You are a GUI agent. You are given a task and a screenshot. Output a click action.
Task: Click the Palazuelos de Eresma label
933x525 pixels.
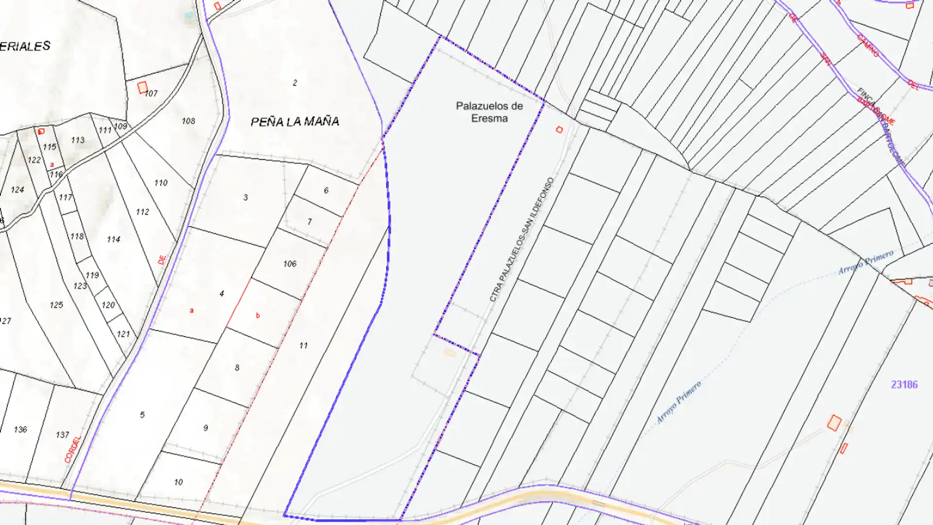point(489,112)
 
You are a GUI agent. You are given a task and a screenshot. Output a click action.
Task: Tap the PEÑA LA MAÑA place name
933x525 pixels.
point(294,122)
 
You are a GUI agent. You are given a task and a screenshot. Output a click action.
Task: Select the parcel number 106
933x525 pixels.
point(290,263)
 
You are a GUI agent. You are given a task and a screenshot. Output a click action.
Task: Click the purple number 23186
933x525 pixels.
point(904,385)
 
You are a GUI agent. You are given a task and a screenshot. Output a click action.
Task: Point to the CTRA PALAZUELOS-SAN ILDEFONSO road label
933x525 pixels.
point(521,239)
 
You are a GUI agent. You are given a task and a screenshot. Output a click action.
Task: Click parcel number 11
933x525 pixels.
point(303,346)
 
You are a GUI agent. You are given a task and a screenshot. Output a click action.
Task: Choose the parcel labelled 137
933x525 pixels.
point(62,435)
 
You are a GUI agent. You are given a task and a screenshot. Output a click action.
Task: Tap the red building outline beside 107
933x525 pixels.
point(142,87)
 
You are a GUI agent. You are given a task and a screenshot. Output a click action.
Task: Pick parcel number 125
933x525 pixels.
point(56,305)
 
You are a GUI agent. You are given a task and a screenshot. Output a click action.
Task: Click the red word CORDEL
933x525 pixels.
point(73,449)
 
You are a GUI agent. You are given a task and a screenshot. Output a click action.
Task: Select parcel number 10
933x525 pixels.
point(178,482)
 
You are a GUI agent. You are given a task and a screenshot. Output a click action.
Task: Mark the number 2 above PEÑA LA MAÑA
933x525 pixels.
point(295,83)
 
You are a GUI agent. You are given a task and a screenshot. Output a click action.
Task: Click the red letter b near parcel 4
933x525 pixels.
point(258,315)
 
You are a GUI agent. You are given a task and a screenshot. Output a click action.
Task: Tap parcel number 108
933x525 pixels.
point(188,121)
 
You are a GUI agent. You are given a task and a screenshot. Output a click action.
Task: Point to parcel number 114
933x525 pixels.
point(114,239)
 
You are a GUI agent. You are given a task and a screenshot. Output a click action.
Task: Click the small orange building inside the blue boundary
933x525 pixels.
point(450,352)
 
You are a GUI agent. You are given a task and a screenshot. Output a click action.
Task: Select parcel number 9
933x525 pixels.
point(206,428)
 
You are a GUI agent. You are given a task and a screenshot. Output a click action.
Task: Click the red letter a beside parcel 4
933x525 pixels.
point(191,310)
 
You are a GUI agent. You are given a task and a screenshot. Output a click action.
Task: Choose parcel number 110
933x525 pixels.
point(161,183)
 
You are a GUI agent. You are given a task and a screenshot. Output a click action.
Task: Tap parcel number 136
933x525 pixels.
point(20,429)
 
